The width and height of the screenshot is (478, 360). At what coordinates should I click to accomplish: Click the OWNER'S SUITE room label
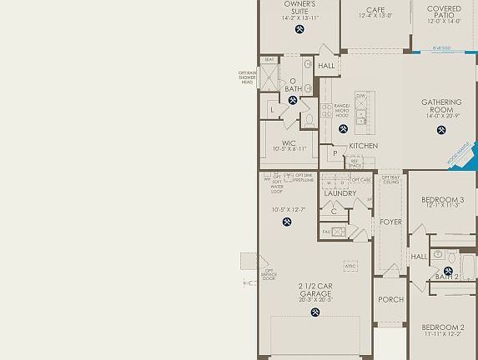tap(299, 7)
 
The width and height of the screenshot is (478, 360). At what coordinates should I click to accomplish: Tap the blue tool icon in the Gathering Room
tap(441, 130)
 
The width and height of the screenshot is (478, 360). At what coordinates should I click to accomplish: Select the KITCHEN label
tap(363, 146)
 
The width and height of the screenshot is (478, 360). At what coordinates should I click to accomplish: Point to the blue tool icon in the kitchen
tap(343, 129)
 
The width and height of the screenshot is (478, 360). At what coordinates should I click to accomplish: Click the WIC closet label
tap(289, 142)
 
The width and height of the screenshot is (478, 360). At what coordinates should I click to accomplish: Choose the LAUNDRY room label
tap(340, 193)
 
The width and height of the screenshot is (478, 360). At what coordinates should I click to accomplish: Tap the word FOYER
tap(390, 222)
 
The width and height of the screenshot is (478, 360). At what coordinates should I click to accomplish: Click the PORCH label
tap(390, 300)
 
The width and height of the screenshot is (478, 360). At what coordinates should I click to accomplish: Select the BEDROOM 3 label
tap(443, 200)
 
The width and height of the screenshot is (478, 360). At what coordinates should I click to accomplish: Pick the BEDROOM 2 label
tap(442, 327)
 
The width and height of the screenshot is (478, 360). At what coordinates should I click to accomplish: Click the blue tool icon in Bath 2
tap(448, 272)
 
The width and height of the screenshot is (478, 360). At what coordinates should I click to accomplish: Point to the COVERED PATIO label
tap(444, 12)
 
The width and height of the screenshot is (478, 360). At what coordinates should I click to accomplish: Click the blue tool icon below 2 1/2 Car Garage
tap(315, 312)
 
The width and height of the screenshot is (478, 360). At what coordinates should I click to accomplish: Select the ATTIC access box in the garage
tap(350, 266)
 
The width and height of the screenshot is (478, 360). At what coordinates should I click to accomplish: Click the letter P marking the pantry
tap(335, 154)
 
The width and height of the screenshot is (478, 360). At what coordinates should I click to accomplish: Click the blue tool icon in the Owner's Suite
tap(299, 30)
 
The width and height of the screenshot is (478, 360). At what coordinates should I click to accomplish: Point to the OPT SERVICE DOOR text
tap(269, 274)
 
